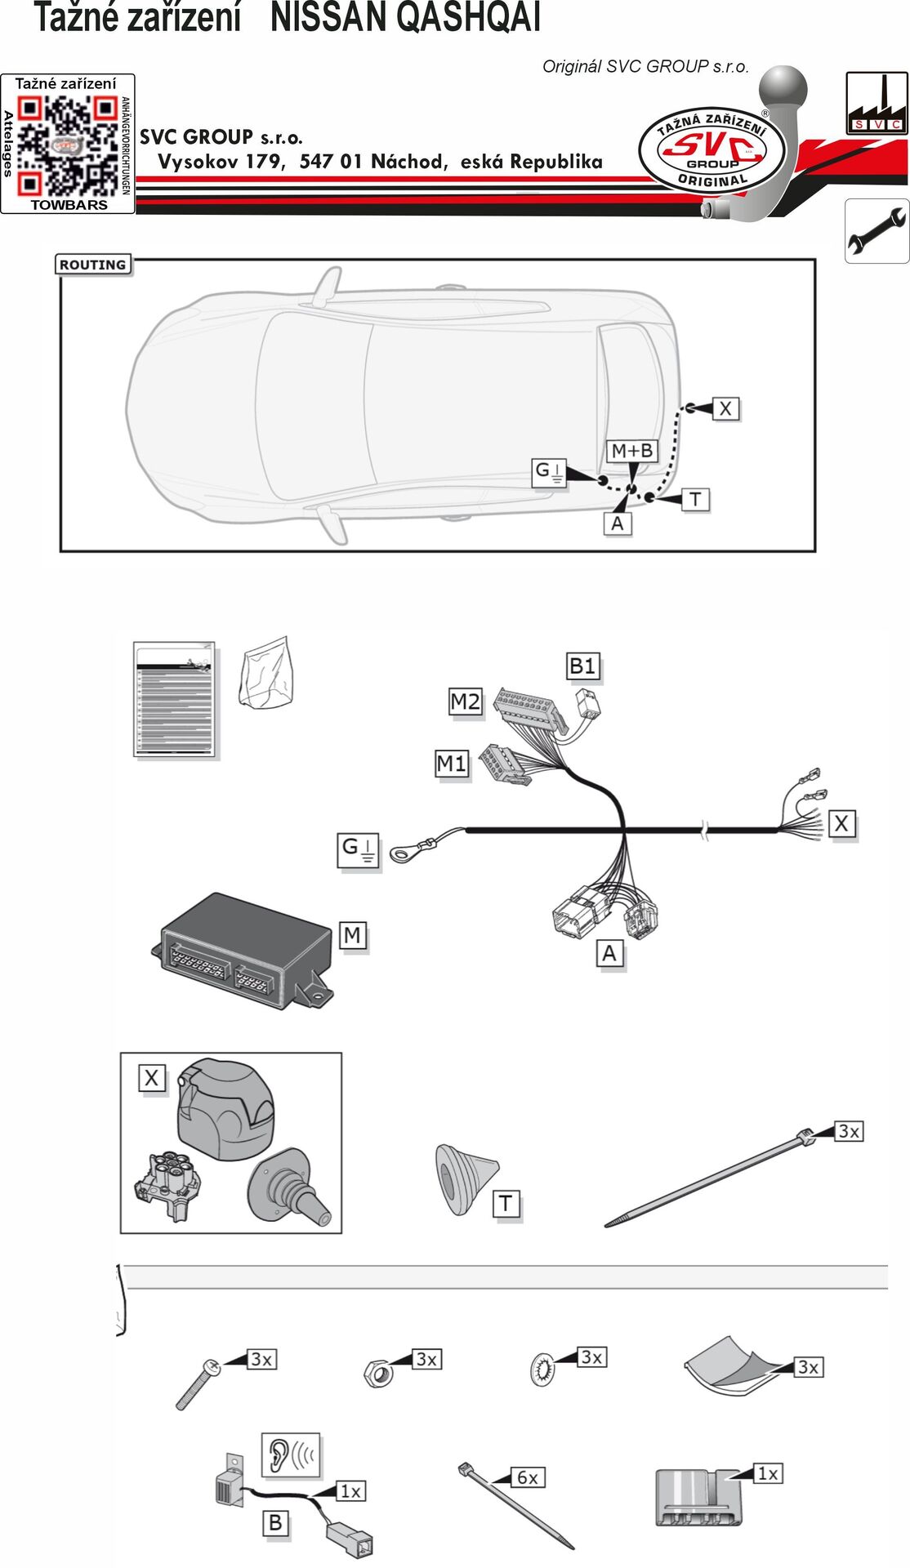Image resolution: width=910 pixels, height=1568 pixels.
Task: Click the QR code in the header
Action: coord(68,145)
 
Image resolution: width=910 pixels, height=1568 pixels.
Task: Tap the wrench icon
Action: coord(877,230)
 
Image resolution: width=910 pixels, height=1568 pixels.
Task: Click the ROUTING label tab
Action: coord(92,265)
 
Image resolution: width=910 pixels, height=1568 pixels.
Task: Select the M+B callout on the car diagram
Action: coord(632,451)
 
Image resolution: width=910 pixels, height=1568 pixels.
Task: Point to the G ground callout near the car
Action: coord(548,471)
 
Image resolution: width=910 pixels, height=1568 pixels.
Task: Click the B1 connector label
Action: coord(583,666)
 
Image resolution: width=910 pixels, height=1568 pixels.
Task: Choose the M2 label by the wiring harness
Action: coord(466,702)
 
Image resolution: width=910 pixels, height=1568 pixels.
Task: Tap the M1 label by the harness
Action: coord(452,764)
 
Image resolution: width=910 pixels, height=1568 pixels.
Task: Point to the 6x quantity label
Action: coord(527,1477)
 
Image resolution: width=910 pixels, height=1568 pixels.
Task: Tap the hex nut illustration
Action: coord(378,1372)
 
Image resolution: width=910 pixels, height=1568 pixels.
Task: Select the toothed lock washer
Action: coord(542,1369)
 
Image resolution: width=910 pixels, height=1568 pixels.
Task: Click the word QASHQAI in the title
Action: coord(405,17)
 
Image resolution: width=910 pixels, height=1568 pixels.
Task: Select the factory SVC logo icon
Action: coord(877,102)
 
